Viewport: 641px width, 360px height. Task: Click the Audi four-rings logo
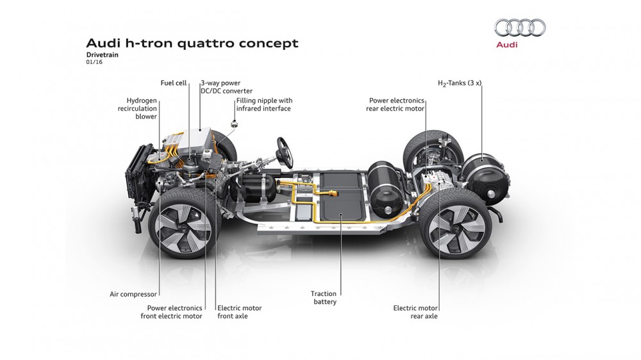pos(520,28)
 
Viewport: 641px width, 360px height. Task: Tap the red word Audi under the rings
pos(506,45)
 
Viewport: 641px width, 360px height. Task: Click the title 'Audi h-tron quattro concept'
pos(192,44)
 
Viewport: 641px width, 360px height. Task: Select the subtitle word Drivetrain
pos(102,55)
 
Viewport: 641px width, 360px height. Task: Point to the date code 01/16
pos(94,63)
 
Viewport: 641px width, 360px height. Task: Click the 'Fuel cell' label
pos(174,83)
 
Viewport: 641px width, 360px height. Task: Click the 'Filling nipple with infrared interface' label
pos(263,104)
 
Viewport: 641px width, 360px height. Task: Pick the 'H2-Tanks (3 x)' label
pos(460,83)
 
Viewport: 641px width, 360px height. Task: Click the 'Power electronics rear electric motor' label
pos(396,104)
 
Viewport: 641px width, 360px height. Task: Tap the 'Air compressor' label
pos(133,294)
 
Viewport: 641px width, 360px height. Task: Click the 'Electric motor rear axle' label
pos(415,312)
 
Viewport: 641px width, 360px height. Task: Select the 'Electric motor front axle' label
pos(239,312)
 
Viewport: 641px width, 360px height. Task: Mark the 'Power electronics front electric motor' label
pos(171,312)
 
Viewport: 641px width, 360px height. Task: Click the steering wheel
pos(283,152)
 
